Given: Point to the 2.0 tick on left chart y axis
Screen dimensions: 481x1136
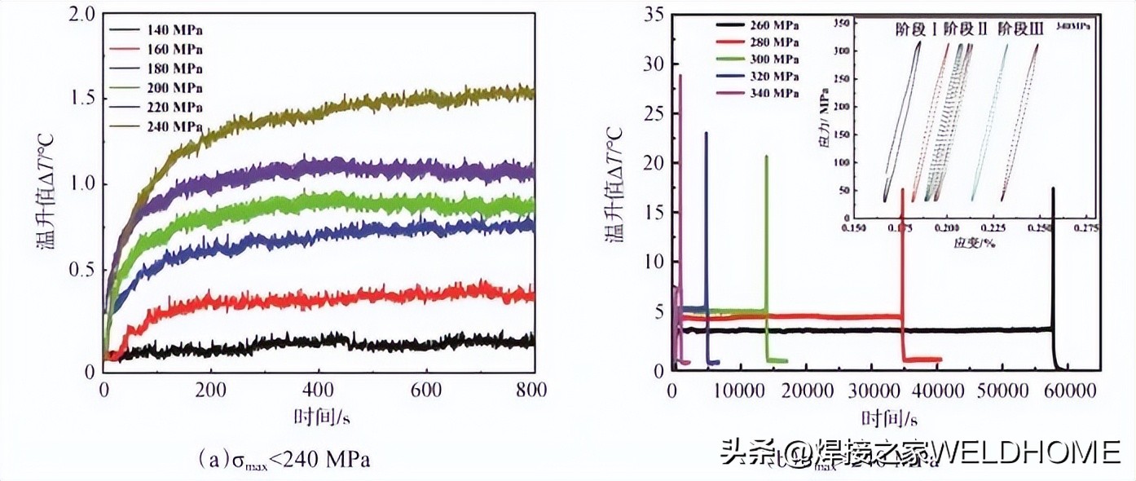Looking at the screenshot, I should click(x=83, y=15).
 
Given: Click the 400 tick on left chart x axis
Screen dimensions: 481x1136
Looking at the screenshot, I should click(x=318, y=391).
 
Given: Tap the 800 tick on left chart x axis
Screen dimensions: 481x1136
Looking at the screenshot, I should click(x=532, y=391).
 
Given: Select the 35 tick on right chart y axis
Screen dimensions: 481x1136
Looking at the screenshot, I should click(x=654, y=15).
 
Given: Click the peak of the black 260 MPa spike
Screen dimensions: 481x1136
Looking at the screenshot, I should click(x=1053, y=188).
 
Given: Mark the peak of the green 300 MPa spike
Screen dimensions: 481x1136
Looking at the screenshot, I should click(x=765, y=157).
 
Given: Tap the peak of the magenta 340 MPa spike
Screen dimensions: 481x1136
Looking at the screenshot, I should click(x=680, y=76).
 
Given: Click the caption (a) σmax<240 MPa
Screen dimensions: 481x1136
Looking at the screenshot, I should click(x=284, y=460).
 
